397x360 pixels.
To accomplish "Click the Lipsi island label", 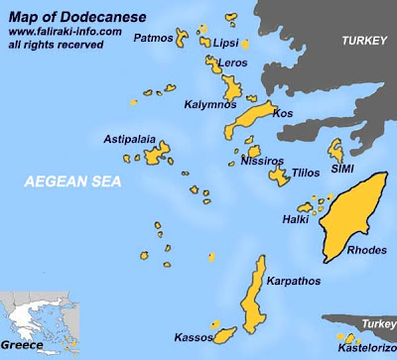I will pyautogui.click(x=225, y=44).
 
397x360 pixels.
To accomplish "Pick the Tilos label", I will pyautogui.click(x=306, y=173).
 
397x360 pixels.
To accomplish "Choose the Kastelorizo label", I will pyautogui.click(x=364, y=348).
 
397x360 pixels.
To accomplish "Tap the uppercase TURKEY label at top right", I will pyautogui.click(x=361, y=41).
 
